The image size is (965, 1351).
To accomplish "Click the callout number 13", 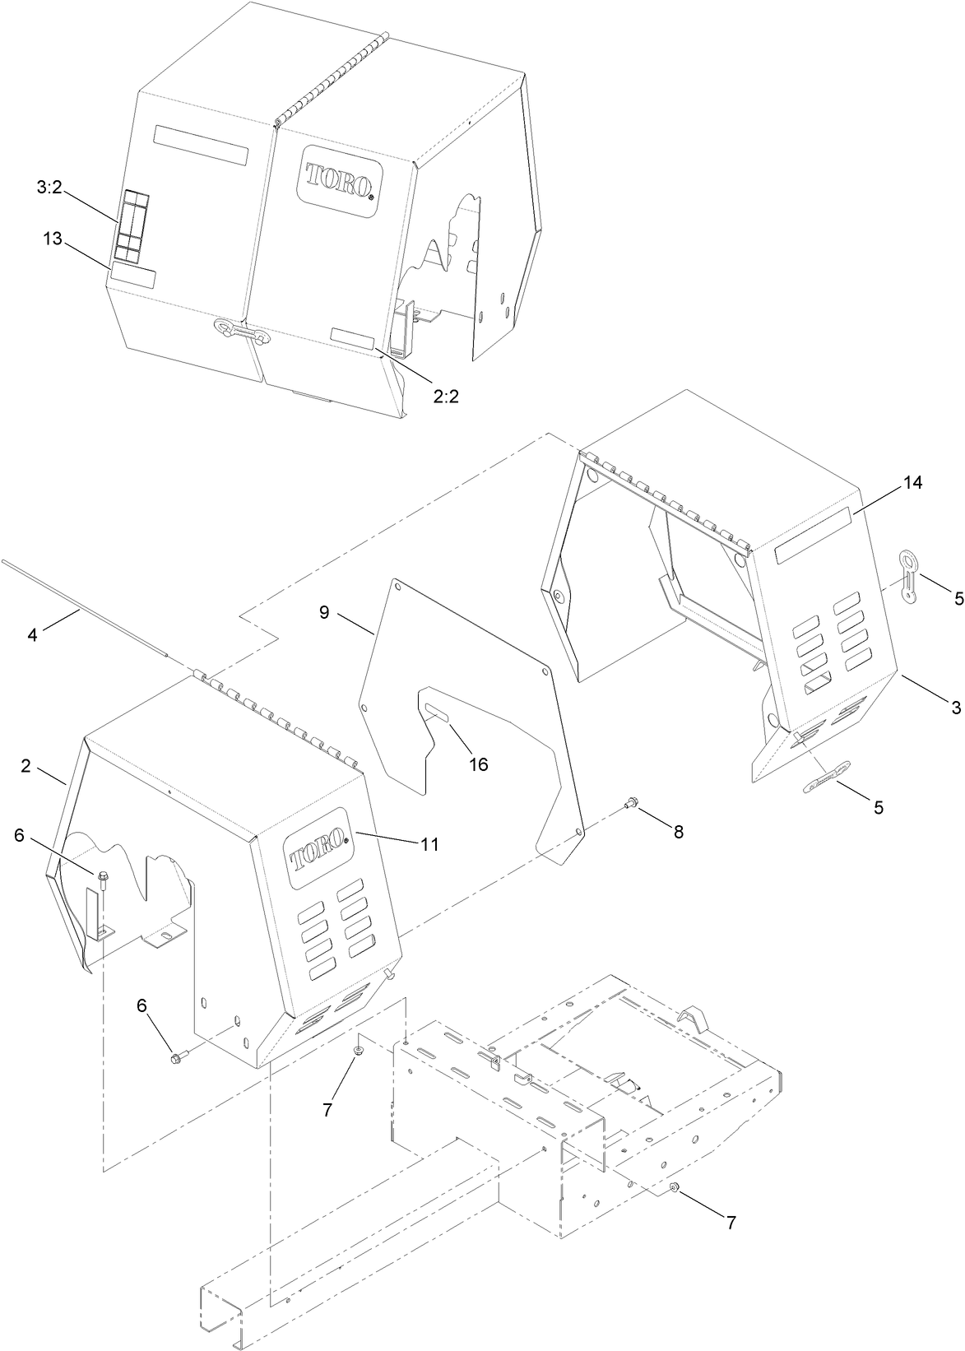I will click(53, 239).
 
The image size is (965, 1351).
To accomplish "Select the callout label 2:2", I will click(446, 395).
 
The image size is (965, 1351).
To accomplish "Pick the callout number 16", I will click(478, 764).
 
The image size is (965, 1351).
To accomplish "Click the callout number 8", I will click(678, 832).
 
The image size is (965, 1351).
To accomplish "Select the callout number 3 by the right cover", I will click(956, 707).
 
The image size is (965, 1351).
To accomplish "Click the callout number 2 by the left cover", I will click(26, 766).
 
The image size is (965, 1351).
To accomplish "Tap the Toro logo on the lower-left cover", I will click(317, 858).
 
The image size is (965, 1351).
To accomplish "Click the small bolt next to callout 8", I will click(633, 801).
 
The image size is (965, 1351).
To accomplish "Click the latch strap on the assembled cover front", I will click(239, 332).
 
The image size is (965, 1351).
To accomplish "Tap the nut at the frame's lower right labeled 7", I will click(674, 1186).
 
